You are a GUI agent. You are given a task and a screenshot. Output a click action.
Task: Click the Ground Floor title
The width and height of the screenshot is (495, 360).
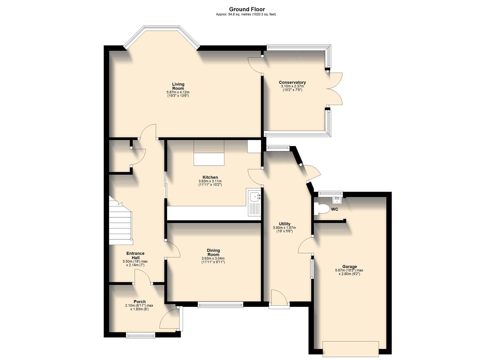(x=247, y=9)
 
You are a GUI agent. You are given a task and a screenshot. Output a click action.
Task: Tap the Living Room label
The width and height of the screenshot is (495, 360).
(x=178, y=86)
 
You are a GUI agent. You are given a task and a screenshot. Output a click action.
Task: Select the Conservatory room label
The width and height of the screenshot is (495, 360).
(x=292, y=82)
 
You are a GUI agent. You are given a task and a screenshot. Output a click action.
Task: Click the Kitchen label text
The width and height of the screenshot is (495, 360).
(x=210, y=177)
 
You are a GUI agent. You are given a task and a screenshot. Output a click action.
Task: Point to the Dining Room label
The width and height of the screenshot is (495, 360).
(x=213, y=252)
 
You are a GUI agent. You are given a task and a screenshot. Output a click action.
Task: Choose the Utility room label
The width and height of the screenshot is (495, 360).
(x=284, y=224)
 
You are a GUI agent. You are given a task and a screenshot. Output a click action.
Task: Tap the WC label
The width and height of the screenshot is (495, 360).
(x=334, y=209)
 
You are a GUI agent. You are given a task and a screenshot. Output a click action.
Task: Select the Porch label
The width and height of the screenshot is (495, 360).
(x=139, y=302)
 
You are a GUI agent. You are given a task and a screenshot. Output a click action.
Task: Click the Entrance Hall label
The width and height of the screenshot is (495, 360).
(x=135, y=255)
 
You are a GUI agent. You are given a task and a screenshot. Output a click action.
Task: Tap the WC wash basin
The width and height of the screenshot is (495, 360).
(x=337, y=200)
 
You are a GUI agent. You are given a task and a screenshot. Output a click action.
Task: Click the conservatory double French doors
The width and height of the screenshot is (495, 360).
(x=334, y=89)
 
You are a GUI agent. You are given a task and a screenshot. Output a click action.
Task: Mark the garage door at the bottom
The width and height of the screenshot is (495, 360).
(x=351, y=348)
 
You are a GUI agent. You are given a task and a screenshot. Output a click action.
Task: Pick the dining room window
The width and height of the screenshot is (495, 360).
(x=220, y=304)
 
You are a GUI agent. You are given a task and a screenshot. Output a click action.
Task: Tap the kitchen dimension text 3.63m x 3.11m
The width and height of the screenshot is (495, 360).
(x=210, y=181)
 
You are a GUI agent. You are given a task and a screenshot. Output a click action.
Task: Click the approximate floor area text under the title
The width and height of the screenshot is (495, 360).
(x=246, y=14)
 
